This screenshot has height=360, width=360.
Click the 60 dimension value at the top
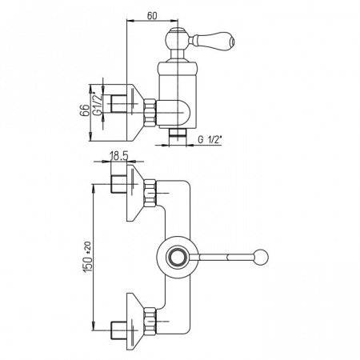pyautogui.click(x=152, y=15)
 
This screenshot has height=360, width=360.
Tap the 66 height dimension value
pyautogui.click(x=84, y=110)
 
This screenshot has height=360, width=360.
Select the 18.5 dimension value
pyautogui.click(x=119, y=156)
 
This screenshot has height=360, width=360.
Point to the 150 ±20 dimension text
pyautogui.click(x=88, y=257)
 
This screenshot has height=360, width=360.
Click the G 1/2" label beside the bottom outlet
pyautogui.click(x=210, y=139)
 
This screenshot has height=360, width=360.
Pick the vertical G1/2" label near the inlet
pyautogui.click(x=98, y=103)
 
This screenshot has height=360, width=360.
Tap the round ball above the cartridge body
pyautogui.click(x=178, y=39)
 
